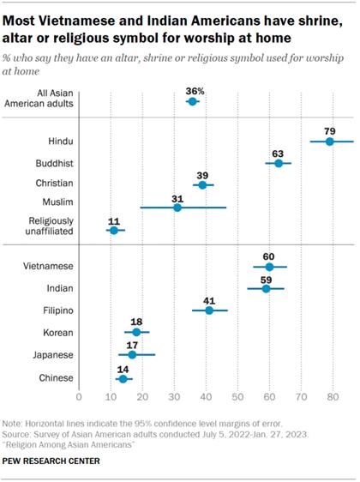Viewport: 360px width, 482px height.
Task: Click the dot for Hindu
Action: [x=329, y=141]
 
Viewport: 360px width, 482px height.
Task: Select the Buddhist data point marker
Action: [x=279, y=163]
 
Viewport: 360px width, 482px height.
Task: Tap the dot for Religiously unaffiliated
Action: [x=113, y=231]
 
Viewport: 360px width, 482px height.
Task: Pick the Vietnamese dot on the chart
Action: [x=269, y=267]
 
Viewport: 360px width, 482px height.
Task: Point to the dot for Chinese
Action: [x=123, y=378]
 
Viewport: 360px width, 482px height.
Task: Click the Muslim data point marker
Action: [x=177, y=208]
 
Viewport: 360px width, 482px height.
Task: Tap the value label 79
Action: [x=329, y=129]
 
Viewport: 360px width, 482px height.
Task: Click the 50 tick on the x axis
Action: [x=237, y=397]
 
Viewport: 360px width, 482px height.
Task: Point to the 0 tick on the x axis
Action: [x=79, y=397]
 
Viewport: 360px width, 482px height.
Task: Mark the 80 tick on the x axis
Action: [x=333, y=397]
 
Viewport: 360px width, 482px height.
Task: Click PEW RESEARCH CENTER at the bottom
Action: [x=51, y=462]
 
